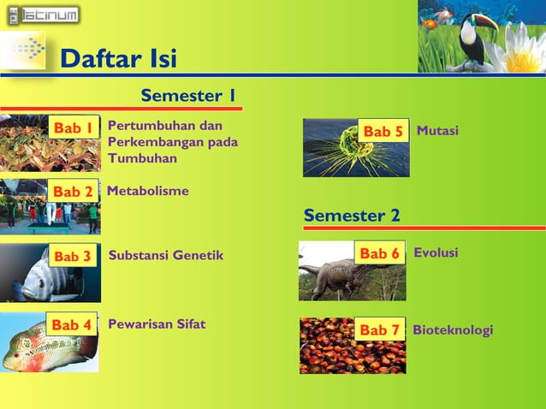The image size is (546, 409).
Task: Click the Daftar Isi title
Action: (x=119, y=59)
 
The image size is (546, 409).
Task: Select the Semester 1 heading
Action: (x=188, y=95)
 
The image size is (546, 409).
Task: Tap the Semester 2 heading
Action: (x=352, y=216)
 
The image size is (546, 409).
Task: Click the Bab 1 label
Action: (x=74, y=128)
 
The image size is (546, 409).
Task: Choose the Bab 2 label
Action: (x=73, y=192)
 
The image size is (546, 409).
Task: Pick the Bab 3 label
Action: (x=73, y=256)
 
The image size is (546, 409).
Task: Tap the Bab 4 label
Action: (x=72, y=325)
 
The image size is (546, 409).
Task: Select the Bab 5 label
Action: (x=383, y=132)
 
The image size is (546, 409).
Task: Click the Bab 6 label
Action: (x=379, y=253)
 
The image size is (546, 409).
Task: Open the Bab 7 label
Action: (x=379, y=329)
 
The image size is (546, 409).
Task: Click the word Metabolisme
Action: (x=147, y=191)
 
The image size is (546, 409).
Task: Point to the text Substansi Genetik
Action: (x=166, y=255)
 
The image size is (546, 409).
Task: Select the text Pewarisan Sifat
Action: (x=157, y=324)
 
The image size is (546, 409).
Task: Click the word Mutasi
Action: (x=437, y=131)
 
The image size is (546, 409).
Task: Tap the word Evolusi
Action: (x=436, y=253)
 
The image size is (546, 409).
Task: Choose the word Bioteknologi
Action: (x=453, y=329)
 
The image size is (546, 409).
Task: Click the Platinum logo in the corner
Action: (x=42, y=15)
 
